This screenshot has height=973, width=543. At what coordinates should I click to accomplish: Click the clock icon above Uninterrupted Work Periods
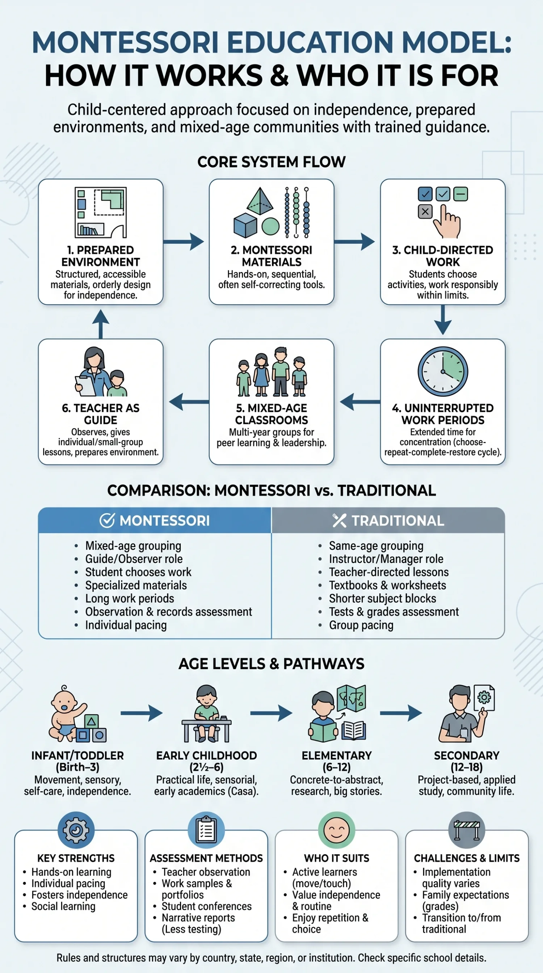coord(443,371)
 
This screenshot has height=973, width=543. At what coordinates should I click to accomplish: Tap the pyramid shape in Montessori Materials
coord(260,201)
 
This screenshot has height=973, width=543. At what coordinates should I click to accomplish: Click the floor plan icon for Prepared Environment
coord(100,212)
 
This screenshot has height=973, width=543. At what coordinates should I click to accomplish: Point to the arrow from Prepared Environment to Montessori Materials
coord(184,241)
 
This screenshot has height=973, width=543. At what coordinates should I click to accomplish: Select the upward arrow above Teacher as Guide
coord(100,324)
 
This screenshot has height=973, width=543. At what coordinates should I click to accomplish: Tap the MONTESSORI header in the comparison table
coord(155,521)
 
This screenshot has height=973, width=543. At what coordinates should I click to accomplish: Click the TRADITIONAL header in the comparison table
coord(388,521)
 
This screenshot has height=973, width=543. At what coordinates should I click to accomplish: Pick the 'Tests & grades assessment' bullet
coord(393,611)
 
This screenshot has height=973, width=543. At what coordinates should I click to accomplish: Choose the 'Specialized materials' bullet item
coord(136,585)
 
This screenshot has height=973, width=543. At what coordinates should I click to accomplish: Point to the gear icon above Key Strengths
coord(76,830)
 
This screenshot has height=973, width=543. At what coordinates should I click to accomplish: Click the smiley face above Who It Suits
coord(336,830)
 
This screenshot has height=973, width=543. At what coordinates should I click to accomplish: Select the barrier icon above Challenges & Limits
coord(467,830)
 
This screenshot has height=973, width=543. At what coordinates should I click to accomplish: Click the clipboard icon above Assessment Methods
coord(206,830)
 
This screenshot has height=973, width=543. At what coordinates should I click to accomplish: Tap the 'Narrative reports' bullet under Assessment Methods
coord(198,918)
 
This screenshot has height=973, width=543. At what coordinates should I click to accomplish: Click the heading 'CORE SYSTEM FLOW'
coord(271,162)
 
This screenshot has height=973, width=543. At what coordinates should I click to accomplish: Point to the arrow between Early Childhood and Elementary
coord(271,713)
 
